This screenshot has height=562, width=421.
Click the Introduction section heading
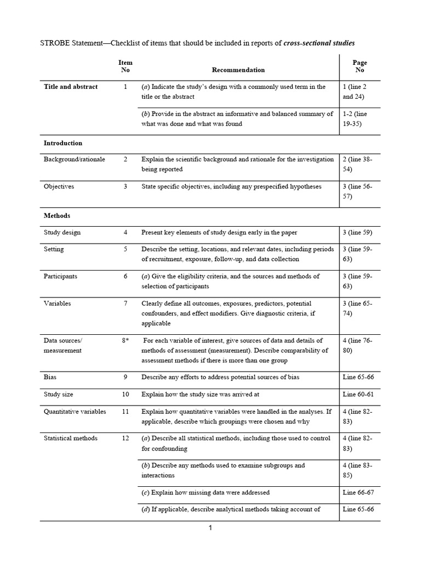coord(63,143)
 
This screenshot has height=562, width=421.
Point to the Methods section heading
coord(57,216)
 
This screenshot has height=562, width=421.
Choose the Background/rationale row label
coord(75,159)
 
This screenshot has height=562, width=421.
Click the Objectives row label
coord(59,187)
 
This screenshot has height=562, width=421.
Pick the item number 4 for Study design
coord(125,232)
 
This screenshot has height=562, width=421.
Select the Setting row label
coord(54,249)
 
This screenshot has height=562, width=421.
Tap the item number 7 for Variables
coord(125,304)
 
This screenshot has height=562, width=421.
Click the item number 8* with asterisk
coord(125,341)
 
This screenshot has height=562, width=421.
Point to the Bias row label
coord(50,377)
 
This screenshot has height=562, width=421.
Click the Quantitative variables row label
coord(75,411)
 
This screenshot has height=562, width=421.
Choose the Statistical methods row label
coord(71,438)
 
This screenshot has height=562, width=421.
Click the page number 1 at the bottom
coord(210,528)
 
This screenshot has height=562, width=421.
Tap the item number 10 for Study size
coord(125,394)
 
